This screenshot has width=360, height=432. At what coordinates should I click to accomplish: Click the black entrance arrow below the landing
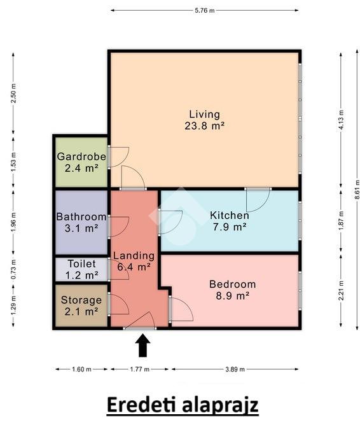coord(142,345)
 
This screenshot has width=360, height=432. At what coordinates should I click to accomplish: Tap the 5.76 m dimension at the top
coord(204,11)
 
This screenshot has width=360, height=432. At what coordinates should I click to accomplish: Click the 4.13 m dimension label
coord(341,120)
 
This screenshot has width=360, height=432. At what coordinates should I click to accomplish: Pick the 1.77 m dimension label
coord(140,369)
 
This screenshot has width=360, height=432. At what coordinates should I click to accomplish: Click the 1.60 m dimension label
coord(81,369)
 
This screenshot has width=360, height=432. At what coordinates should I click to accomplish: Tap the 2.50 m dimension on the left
coord(13,93)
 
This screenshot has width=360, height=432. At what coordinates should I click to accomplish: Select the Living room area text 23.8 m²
coord(204,126)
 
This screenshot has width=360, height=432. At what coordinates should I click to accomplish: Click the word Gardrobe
coord(81,157)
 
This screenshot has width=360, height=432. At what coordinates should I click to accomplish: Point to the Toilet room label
coord(82,263)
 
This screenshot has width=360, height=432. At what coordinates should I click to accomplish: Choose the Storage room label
coord(81,300)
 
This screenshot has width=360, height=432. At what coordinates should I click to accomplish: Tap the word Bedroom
coord(232,284)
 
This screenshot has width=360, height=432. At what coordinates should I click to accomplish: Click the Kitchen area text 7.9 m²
coord(230,227)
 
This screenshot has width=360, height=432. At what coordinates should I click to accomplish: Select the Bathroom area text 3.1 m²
coord(81,228)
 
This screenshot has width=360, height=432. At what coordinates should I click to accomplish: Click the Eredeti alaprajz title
coord(183,405)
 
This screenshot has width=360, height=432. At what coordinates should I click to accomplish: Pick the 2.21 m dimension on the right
coord(341,291)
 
